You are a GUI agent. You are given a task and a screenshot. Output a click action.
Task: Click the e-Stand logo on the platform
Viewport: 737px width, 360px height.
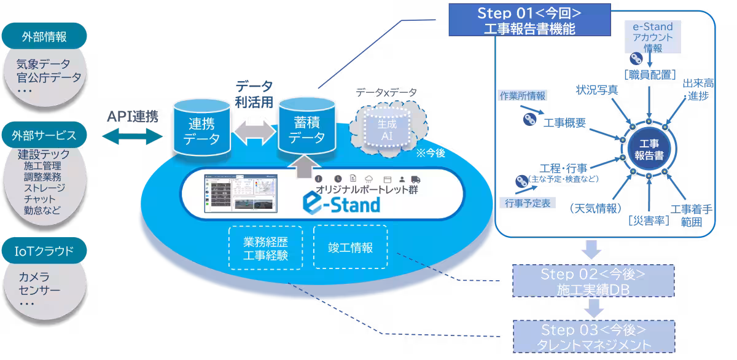(341, 203)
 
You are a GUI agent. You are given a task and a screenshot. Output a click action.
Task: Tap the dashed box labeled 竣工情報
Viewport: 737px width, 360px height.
(350, 248)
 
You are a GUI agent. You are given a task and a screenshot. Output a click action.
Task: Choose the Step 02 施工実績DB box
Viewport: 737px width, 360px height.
(593, 281)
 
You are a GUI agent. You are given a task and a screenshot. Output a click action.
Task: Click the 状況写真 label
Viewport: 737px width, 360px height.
(596, 90)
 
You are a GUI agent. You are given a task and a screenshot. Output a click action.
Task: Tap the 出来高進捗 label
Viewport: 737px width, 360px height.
(697, 90)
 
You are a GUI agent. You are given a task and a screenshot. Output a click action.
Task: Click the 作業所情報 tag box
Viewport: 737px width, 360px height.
(521, 95)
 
